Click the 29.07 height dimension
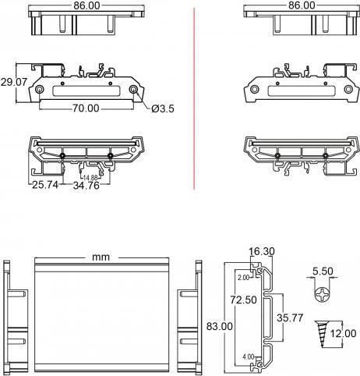(14, 82)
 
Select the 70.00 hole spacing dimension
(86, 108)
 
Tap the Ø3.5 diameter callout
(163, 108)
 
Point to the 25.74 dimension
(45, 185)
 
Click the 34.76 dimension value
(86, 186)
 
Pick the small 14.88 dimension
(90, 178)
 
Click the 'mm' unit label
(101, 257)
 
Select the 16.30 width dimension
(262, 251)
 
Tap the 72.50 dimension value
(244, 300)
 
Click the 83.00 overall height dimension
(220, 326)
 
